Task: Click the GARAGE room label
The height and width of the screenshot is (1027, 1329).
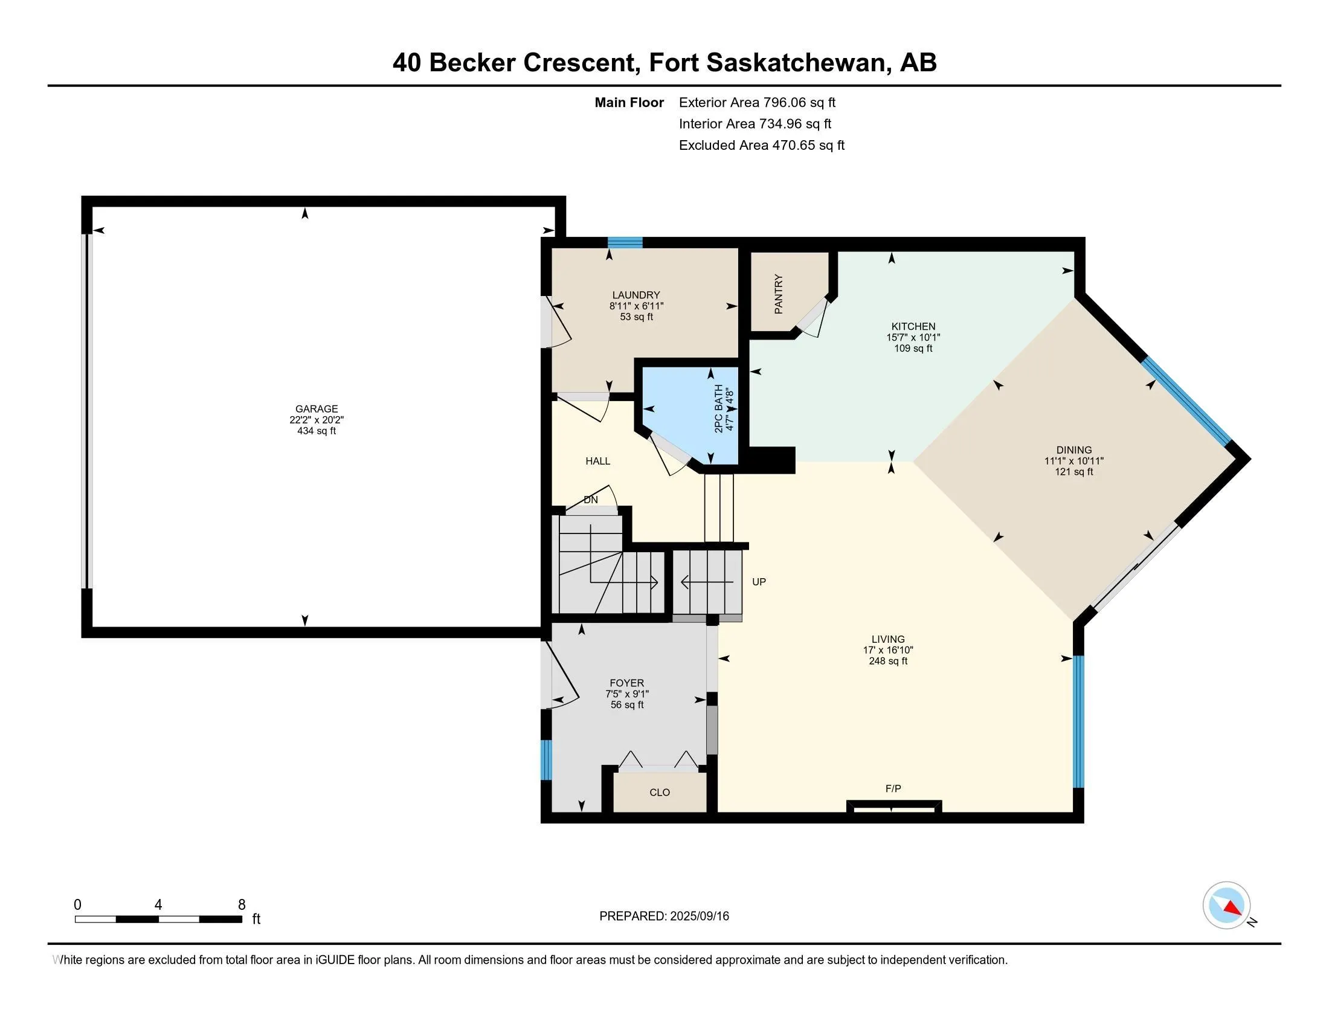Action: pos(317,409)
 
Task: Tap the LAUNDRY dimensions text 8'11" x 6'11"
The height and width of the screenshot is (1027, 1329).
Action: pos(636,306)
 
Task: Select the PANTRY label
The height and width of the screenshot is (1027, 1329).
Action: pos(778,294)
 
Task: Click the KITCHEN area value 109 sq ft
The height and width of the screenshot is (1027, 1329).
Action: pos(913,348)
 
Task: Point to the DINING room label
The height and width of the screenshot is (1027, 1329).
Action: pos(1073,450)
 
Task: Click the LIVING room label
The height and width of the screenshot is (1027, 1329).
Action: pos(888,639)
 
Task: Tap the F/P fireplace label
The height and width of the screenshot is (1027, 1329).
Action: pos(893,788)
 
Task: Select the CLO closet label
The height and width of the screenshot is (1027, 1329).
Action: pos(659,792)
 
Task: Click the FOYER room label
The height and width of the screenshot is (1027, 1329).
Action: pos(626,683)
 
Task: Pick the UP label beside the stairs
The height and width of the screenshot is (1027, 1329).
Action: pos(758,582)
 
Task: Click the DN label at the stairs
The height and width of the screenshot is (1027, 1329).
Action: pos(590,500)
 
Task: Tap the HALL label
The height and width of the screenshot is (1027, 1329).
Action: pos(597,461)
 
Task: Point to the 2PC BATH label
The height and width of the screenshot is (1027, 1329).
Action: pos(719,408)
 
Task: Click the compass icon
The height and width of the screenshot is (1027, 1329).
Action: pos(1226,905)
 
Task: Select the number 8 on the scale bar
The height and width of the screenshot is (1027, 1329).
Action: pos(242,905)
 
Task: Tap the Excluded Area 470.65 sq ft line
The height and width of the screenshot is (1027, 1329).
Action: pos(761,146)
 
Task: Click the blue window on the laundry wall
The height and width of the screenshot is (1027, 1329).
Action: pos(625,242)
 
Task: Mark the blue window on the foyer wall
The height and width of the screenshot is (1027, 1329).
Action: pos(547,759)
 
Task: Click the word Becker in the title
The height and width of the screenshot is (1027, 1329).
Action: pos(472,63)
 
